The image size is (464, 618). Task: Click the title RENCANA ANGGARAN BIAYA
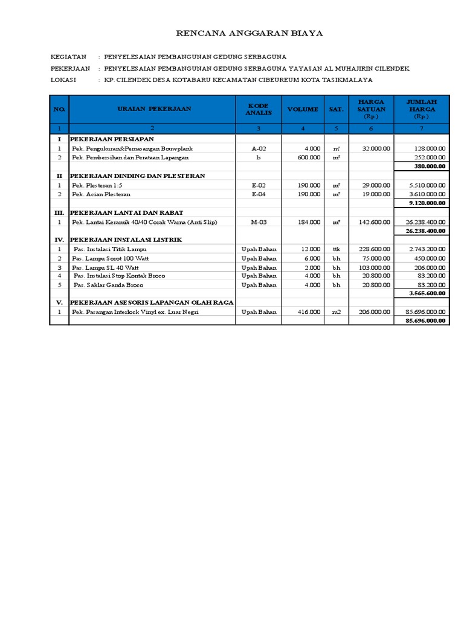[x=249, y=33]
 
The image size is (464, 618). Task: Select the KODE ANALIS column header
[x=259, y=109]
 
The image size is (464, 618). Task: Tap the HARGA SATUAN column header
[x=371, y=109]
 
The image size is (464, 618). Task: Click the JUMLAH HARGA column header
[x=422, y=109]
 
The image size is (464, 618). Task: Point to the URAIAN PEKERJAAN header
[x=153, y=109]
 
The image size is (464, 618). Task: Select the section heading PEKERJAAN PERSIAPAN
[x=112, y=139]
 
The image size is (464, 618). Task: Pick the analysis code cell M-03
[x=259, y=222]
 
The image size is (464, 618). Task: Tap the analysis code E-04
[x=259, y=194]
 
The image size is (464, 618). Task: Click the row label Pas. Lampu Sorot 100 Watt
[x=111, y=258]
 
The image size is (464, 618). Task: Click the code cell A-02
[x=259, y=148]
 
